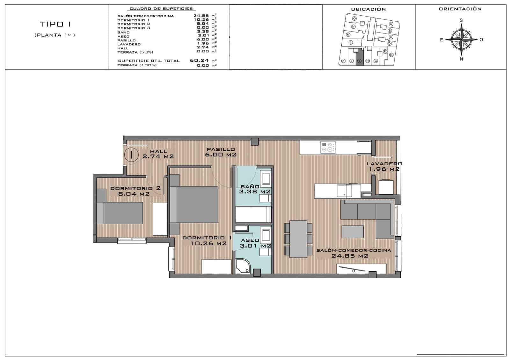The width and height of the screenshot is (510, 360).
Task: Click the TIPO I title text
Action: [55, 24]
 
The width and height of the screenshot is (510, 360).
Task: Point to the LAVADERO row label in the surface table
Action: [129, 44]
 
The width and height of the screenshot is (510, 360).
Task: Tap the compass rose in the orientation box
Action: [461, 40]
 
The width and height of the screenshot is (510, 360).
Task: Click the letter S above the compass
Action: [461, 20]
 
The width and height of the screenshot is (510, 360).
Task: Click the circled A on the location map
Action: [391, 24]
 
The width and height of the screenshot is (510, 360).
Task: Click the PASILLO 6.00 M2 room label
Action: [221, 152]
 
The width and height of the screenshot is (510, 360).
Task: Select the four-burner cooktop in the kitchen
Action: [328, 147]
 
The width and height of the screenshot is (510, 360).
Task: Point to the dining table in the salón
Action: [298, 239]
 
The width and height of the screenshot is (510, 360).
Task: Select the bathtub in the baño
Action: [253, 214]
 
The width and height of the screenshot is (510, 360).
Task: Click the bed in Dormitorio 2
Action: [119, 213]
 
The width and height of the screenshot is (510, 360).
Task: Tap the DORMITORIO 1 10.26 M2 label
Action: [207, 241]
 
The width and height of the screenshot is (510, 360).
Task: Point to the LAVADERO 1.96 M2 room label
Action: [384, 166]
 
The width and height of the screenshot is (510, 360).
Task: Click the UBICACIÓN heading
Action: [368, 9]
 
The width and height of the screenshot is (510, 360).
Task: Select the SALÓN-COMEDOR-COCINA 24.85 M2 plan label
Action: [353, 253]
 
